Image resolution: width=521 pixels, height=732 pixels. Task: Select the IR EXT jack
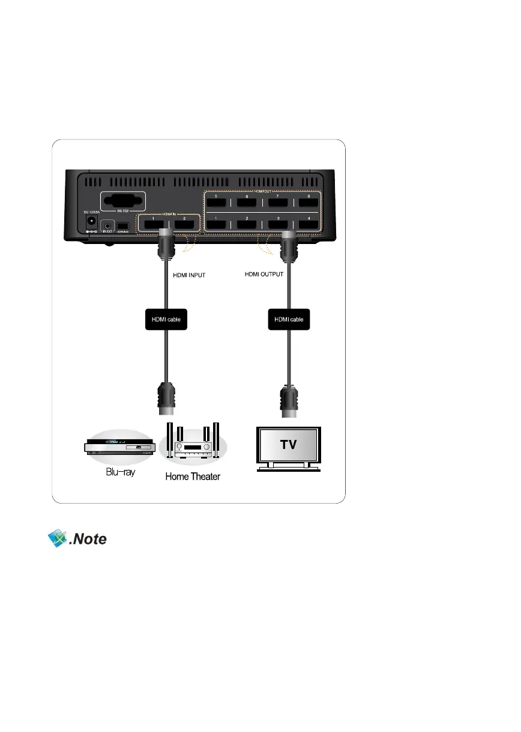click(109, 222)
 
